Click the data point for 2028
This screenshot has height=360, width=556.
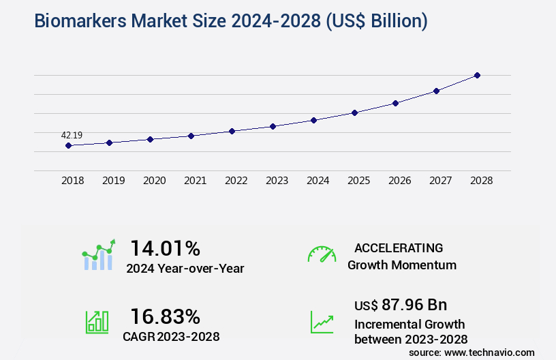(x=477, y=75)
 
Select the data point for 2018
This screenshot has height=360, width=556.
(x=68, y=145)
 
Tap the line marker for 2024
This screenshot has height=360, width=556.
(x=313, y=120)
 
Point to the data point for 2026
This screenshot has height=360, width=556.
(x=395, y=103)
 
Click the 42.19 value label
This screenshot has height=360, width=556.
(x=72, y=135)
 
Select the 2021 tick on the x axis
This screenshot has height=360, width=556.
(x=195, y=181)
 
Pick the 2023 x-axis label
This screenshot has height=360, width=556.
(x=277, y=181)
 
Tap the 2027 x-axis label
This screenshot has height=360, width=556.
(x=440, y=181)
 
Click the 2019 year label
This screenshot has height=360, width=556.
(x=113, y=181)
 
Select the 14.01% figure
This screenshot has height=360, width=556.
(x=165, y=248)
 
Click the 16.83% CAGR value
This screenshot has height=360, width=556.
(x=165, y=316)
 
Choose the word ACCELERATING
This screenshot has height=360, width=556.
(x=399, y=247)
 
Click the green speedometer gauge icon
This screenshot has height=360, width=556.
(x=322, y=254)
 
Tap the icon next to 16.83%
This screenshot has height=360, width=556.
(x=97, y=322)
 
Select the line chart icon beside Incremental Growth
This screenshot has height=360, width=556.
(x=322, y=322)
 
